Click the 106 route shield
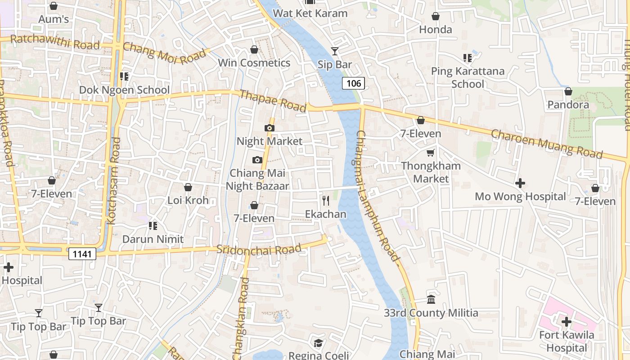tap(353, 83)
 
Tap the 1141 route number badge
tap(83, 254)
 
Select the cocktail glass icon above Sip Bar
tap(335, 51)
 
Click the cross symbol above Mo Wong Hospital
tap(520, 183)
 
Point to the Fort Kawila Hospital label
tap(567, 342)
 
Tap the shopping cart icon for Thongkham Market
tap(431, 153)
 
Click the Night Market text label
tap(270, 141)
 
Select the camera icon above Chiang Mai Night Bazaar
tap(257, 160)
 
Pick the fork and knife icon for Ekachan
tap(326, 200)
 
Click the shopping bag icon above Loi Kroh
tap(188, 187)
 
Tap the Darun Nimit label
tap(153, 239)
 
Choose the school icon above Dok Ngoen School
tap(124, 76)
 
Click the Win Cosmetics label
tap(254, 63)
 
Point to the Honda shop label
tap(435, 30)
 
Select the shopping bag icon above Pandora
tap(568, 91)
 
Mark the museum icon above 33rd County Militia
tap(431, 299)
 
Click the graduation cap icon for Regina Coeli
tap(318, 343)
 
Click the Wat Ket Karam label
tap(310, 13)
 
